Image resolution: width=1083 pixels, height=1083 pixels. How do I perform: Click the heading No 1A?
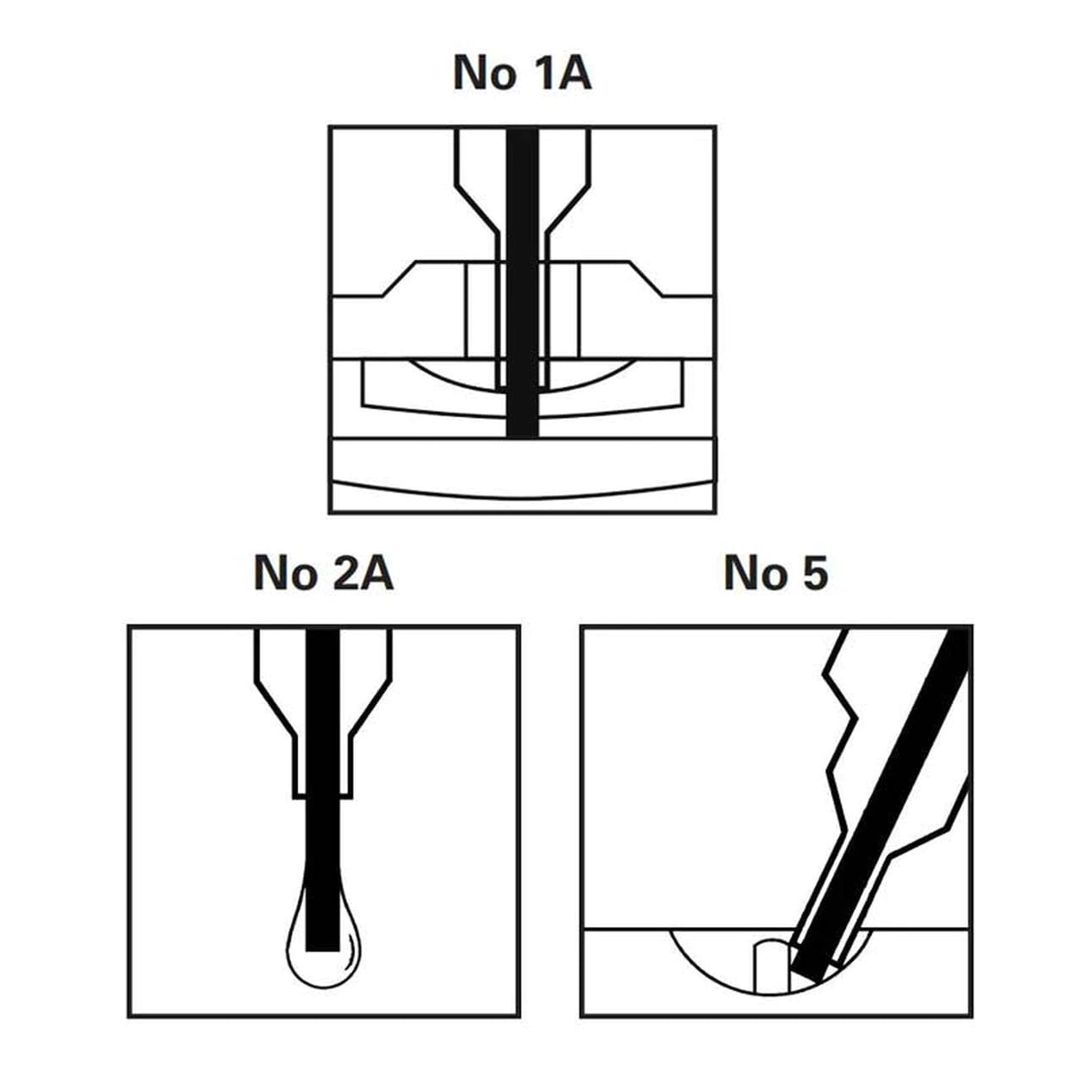[x=522, y=73]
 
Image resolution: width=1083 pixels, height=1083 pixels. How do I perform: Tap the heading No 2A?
[x=323, y=573]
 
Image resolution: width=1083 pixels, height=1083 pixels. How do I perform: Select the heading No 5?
[x=776, y=573]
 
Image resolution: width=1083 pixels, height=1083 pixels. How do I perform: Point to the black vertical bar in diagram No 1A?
[x=523, y=282]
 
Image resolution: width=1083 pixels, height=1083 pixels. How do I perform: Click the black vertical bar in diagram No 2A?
[x=322, y=789]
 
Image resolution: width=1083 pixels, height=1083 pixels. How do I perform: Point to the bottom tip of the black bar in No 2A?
[x=322, y=951]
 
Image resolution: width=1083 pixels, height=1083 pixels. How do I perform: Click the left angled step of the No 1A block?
[x=399, y=278]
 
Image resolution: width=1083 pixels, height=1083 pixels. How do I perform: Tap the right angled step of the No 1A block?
[x=645, y=278]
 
